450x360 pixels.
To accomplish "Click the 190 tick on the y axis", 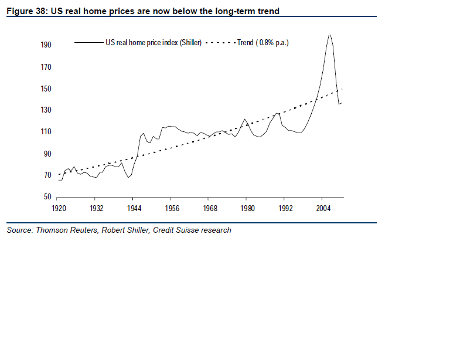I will pos(46,45).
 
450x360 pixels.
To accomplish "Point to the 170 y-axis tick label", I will pos(46,67).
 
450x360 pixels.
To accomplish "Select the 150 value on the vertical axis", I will pos(46,89).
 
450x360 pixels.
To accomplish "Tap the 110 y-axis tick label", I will pos(46,132).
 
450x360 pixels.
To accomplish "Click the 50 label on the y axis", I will pos(48,197).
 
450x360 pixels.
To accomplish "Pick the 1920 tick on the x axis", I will pos(59,208).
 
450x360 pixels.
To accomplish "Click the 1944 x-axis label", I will pos(135,208).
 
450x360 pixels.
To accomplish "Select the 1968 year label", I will pos(210,208).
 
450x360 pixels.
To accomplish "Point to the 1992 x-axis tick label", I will pos(285,208).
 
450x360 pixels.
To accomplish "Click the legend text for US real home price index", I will pos(154,43).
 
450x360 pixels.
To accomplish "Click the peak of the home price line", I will pos(329,35).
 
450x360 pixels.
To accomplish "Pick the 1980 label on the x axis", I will pos(247,208).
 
